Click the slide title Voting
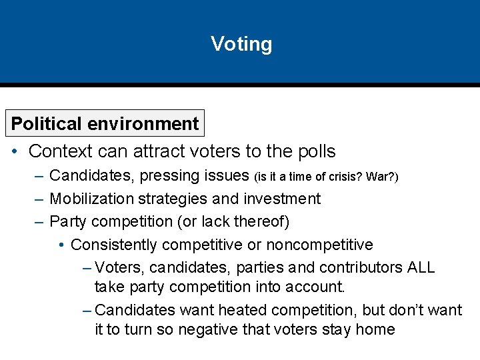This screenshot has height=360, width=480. (x=241, y=44)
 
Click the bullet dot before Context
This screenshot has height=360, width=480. (x=15, y=152)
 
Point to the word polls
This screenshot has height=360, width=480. (x=313, y=152)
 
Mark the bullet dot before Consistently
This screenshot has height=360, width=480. (x=61, y=245)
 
